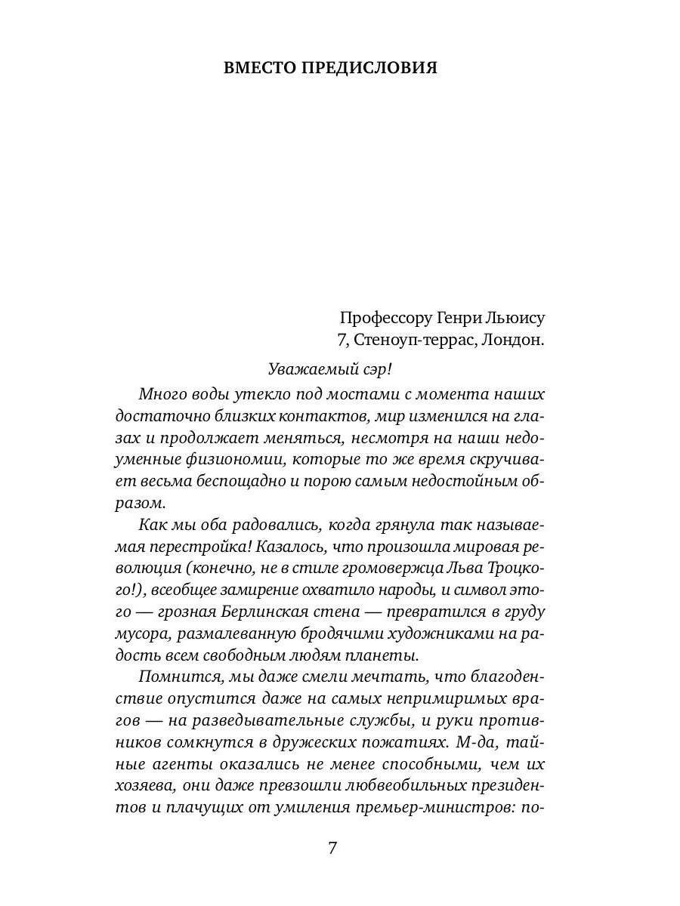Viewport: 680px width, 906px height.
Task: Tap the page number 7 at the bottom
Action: pos(332,847)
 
